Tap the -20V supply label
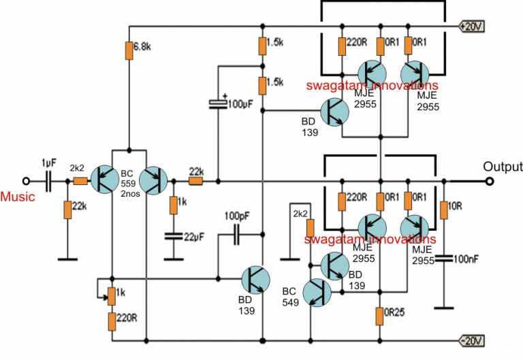471,340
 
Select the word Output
502,167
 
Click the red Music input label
14,197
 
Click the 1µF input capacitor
48,182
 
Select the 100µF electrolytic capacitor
217,103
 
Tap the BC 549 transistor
317,292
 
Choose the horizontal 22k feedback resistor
196,182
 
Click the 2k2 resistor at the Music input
80,182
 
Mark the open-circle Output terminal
489,182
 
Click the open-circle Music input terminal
27,182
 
